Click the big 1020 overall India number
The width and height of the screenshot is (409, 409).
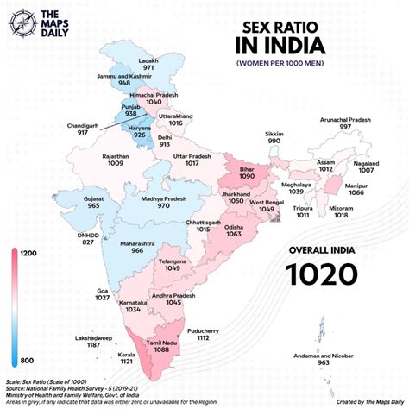tap(322, 274)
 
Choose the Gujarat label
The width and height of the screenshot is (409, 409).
tap(71, 198)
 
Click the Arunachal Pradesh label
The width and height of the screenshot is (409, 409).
tap(345, 119)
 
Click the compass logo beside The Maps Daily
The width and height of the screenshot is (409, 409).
tap(18, 22)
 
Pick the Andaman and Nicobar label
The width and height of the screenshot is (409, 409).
tap(324, 355)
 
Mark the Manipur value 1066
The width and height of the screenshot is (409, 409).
tap(356, 193)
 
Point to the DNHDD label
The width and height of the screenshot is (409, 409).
tap(64, 234)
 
